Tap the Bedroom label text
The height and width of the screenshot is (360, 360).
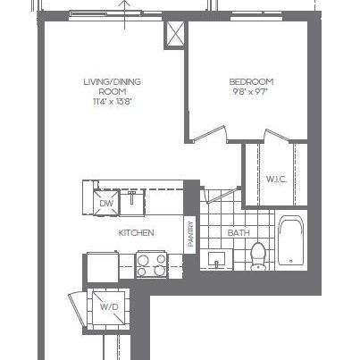pos(244,82)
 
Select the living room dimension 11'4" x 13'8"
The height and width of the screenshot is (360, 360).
pos(113,102)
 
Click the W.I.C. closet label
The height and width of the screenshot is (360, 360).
pos(275,180)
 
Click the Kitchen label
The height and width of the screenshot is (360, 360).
pos(137,233)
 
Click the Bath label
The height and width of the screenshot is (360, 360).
pos(239,233)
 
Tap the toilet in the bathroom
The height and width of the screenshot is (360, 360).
pos(259,255)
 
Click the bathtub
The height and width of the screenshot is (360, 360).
pos(291,240)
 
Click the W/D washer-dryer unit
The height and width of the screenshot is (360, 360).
pos(109,307)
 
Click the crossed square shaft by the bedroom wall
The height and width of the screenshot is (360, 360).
pos(173,35)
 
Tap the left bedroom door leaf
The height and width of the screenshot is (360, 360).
pos(206,136)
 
